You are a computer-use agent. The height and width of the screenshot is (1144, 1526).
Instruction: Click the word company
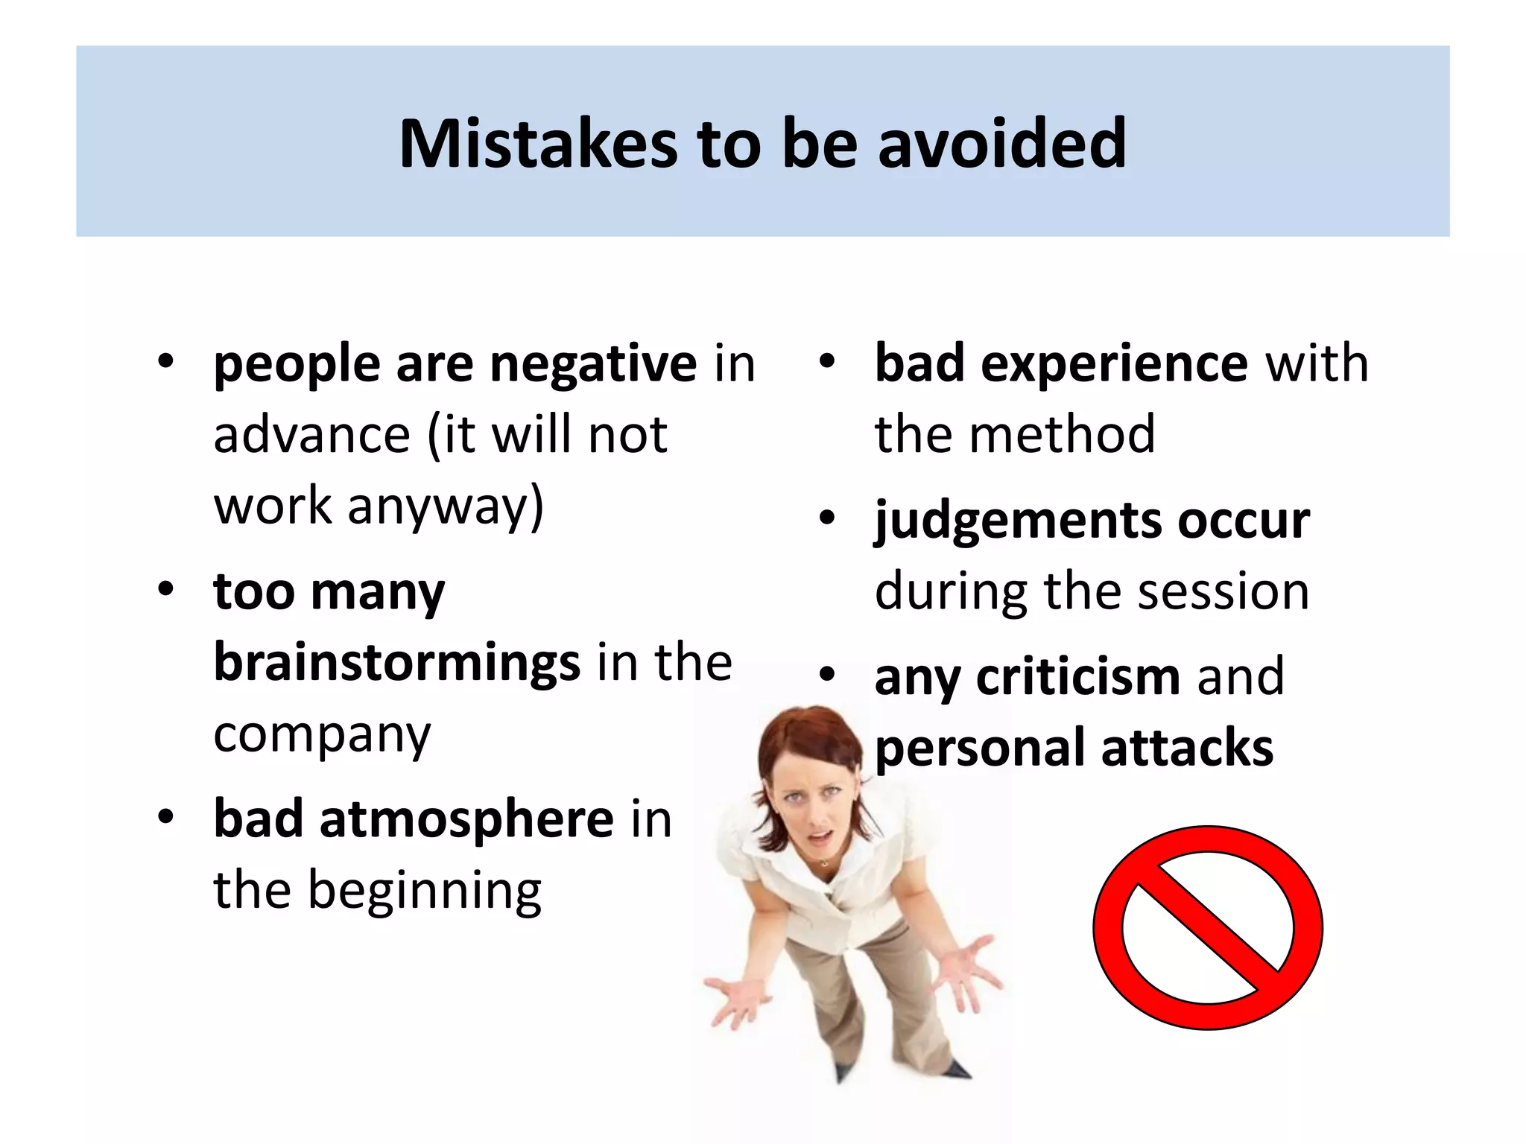(322, 734)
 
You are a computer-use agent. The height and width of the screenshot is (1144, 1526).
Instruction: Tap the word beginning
(425, 891)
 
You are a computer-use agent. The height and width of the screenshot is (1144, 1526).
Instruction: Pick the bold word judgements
(1016, 521)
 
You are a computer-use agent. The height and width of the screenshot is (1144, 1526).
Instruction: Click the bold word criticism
(1077, 677)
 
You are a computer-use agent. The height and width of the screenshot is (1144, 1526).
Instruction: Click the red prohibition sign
(1207, 927)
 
